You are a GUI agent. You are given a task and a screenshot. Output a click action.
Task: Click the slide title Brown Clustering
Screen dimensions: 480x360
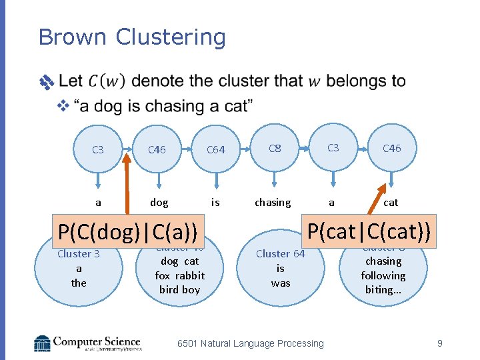[x=132, y=37]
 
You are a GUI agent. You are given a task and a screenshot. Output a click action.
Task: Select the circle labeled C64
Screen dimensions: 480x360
[x=216, y=150]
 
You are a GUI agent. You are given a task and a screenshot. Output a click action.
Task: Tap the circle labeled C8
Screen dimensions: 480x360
[x=275, y=149]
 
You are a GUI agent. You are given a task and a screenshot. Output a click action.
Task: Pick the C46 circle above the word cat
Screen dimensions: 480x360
[x=391, y=149]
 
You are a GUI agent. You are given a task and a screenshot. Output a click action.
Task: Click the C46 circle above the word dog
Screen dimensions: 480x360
[x=157, y=150]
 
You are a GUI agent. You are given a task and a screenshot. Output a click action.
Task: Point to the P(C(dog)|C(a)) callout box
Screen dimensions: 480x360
[x=128, y=232]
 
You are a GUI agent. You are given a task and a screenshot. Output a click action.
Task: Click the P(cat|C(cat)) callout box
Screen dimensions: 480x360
[x=369, y=231]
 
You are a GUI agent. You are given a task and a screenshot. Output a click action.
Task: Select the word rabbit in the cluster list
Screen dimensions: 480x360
[x=189, y=275]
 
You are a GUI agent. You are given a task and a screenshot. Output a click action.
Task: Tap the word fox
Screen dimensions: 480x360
[x=163, y=275]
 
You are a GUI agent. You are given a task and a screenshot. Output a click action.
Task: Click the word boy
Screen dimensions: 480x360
[x=191, y=289]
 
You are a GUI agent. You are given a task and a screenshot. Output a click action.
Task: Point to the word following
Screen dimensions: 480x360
[x=383, y=275]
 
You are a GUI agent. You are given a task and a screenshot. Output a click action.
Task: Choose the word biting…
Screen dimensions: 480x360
[x=383, y=289]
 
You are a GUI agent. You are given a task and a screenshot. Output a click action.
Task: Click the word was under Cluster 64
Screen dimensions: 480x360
[x=280, y=282]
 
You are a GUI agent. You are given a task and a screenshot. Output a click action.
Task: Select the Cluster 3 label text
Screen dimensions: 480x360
[x=79, y=254]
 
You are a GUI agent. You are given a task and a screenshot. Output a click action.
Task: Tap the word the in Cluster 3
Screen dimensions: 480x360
[x=79, y=283]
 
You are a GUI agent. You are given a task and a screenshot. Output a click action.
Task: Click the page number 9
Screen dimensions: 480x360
[x=439, y=343]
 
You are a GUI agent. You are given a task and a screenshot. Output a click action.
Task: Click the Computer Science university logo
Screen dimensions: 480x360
[x=87, y=343]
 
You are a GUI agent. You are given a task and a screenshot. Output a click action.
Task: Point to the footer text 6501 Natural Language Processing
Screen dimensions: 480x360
[x=250, y=343]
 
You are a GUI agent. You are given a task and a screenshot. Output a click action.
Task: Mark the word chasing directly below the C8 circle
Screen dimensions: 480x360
[x=273, y=202]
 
